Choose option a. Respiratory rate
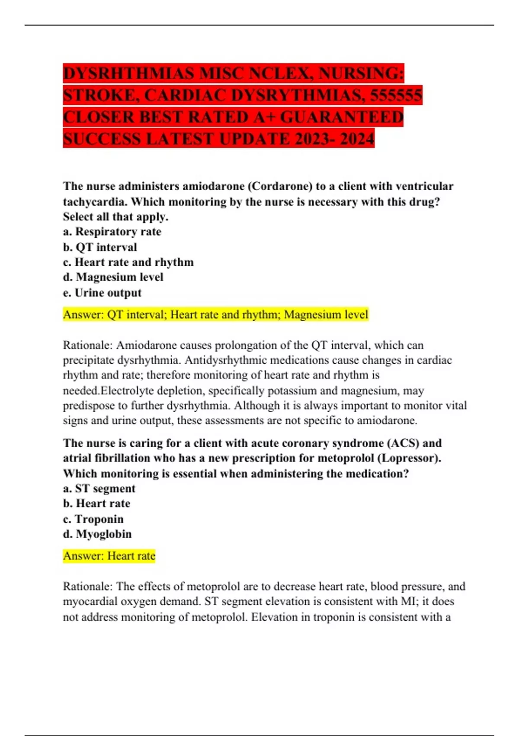tap(112, 232)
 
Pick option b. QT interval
tap(100, 247)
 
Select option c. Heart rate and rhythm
tap(128, 262)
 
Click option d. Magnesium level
tap(113, 277)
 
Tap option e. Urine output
tap(102, 293)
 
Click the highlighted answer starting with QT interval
tap(215, 314)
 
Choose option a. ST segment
tap(99, 488)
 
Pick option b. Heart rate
tap(96, 504)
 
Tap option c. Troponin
tap(93, 519)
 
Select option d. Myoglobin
tap(97, 534)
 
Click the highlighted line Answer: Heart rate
tap(109, 555)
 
